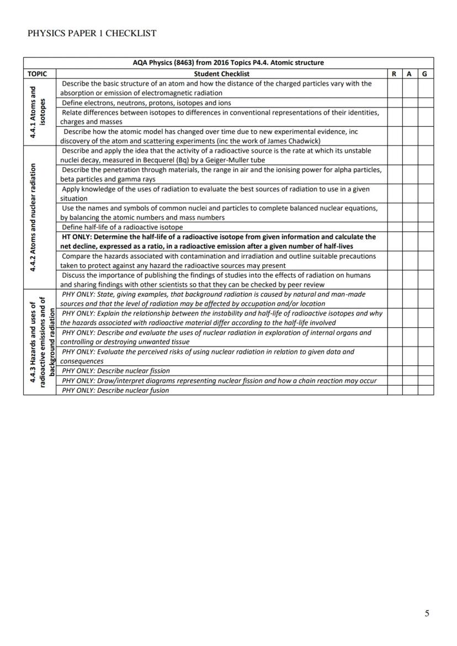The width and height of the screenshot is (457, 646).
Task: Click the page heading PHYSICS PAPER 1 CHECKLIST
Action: [92, 33]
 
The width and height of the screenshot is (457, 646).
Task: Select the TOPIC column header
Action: [38, 73]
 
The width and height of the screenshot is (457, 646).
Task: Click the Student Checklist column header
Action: [221, 73]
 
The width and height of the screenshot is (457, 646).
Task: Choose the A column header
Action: [410, 73]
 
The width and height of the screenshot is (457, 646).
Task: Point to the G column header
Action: [426, 73]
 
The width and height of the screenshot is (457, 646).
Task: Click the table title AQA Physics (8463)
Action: [228, 63]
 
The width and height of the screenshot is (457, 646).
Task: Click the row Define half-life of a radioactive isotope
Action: [122, 227]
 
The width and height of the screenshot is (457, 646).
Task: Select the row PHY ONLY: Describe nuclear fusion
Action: [115, 391]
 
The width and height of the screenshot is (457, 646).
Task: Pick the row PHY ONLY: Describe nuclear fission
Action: [116, 371]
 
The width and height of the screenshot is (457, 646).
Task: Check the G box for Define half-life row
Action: [426, 227]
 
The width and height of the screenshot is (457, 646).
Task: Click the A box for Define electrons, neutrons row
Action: [410, 103]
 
